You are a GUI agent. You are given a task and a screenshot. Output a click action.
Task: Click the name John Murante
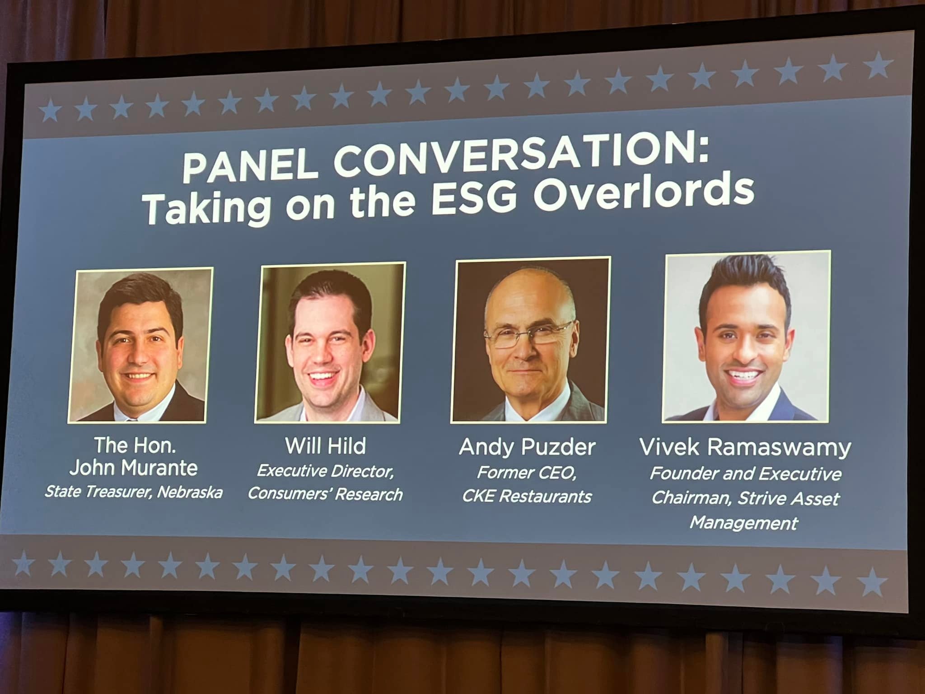pyautogui.click(x=133, y=468)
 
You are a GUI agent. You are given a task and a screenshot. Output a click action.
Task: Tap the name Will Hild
pyautogui.click(x=325, y=446)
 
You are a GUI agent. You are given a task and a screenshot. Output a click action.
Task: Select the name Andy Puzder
pyautogui.click(x=527, y=447)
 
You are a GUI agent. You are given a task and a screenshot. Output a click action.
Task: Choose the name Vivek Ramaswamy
pyautogui.click(x=745, y=448)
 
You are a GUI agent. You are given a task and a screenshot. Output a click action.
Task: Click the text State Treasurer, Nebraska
pyautogui.click(x=134, y=492)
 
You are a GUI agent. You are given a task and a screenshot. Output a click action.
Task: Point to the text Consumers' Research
pyautogui.click(x=325, y=494)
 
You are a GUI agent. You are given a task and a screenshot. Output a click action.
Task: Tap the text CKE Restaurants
pyautogui.click(x=527, y=497)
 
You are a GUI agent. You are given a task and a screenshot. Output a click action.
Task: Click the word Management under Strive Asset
pyautogui.click(x=744, y=523)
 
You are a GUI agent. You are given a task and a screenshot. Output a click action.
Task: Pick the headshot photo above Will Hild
pyautogui.click(x=330, y=342)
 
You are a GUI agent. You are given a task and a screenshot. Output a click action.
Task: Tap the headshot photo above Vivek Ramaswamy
pyautogui.click(x=746, y=337)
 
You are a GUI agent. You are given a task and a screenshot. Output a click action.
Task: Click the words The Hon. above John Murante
pyautogui.click(x=135, y=445)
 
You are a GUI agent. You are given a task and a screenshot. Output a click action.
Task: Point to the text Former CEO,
pyautogui.click(x=527, y=473)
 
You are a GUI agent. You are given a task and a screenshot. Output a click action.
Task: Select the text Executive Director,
pyautogui.click(x=325, y=471)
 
